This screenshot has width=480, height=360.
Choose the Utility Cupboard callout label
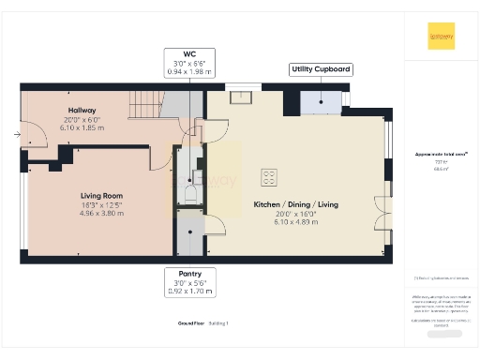(x=321, y=69)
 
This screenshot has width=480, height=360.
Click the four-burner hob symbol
(x=268, y=174)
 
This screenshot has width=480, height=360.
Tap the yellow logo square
(x=442, y=35)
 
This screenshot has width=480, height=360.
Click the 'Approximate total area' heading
(x=441, y=154)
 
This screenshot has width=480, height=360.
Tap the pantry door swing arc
(x=214, y=225)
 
